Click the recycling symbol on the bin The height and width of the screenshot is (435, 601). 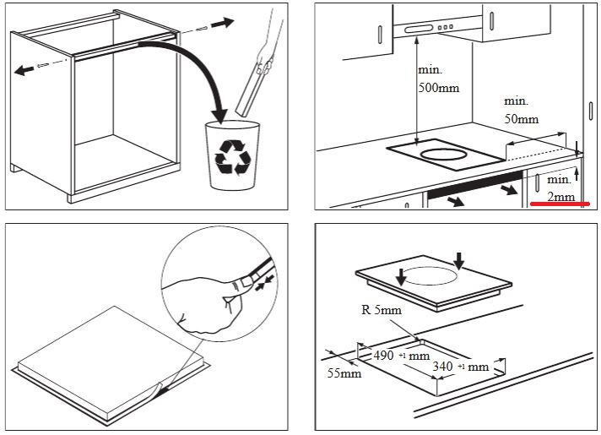[x=233, y=157]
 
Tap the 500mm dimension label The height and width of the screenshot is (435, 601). [x=438, y=88]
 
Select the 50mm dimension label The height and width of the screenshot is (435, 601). [x=522, y=119]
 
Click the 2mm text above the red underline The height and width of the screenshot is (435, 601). [x=560, y=197]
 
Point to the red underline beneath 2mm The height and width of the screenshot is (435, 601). [x=560, y=204]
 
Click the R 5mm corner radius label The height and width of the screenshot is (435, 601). [x=382, y=309]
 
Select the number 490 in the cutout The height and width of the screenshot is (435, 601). [x=383, y=356]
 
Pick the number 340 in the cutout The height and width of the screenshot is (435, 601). [x=442, y=367]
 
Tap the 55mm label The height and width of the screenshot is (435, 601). [x=344, y=372]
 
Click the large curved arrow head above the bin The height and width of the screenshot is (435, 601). [x=219, y=115]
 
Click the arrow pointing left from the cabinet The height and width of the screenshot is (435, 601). [x=24, y=70]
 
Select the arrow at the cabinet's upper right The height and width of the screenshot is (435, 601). [x=223, y=23]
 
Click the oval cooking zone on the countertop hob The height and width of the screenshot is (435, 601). [x=443, y=155]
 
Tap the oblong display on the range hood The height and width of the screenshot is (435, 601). [x=417, y=30]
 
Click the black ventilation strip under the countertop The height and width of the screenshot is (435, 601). [x=475, y=184]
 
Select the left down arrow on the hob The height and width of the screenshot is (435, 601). [x=401, y=277]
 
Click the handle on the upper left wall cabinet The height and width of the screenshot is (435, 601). [x=380, y=35]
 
